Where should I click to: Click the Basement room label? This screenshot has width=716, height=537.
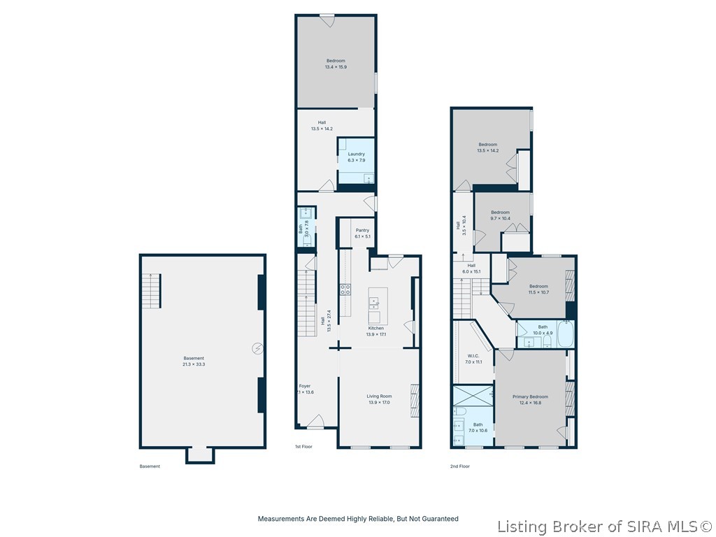[194, 358]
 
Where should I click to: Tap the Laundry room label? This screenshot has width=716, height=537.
[357, 154]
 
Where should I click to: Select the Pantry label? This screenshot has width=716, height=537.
[362, 230]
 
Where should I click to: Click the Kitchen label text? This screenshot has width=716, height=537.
[376, 328]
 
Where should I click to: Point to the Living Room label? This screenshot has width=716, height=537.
[378, 396]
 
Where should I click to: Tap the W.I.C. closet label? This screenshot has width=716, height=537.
[473, 356]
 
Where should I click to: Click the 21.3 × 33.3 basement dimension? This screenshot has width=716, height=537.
[194, 364]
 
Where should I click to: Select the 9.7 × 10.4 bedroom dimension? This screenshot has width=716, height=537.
[500, 218]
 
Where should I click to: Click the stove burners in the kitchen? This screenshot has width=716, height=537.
[345, 288]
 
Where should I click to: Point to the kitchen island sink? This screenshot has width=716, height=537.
[374, 303]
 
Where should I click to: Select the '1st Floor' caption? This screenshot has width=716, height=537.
[303, 446]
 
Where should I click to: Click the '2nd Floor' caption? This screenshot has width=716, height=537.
[459, 466]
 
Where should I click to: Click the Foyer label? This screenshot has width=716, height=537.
[305, 385]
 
